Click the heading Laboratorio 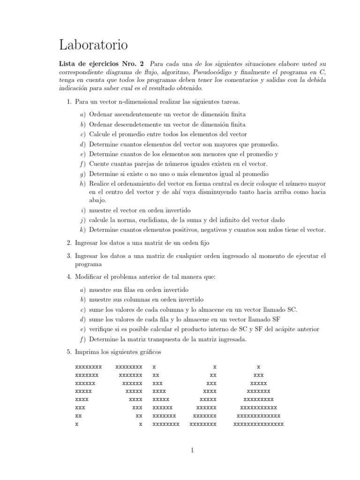click(x=93, y=45)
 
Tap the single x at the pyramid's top click(x=258, y=366)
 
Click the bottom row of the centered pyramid click(x=258, y=424)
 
